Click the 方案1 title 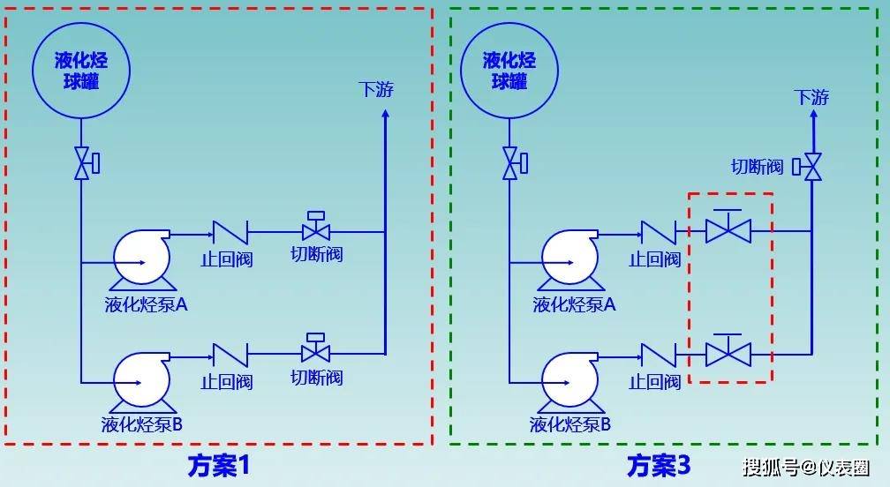point(218,465)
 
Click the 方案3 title point(658,465)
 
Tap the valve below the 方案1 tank point(82,163)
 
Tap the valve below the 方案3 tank point(510,163)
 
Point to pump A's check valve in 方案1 point(230,233)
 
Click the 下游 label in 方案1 point(376,90)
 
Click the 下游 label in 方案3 point(811,97)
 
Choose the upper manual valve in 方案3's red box point(728,229)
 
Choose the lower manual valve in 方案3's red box point(728,352)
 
